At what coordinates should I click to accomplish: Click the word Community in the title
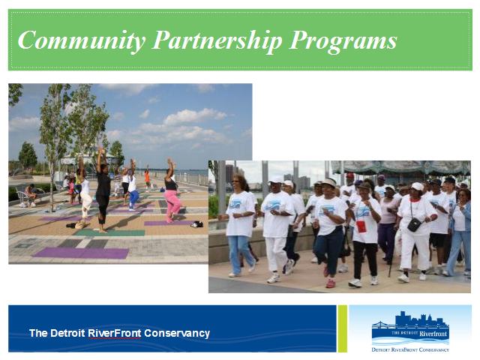(82, 40)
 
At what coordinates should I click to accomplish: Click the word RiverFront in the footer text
(115, 333)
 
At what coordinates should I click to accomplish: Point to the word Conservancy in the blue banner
(177, 333)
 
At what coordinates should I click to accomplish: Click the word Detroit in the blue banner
(67, 333)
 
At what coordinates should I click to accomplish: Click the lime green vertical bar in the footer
(343, 328)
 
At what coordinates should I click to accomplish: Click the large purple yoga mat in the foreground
(82, 253)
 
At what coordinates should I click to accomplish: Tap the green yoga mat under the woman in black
(109, 232)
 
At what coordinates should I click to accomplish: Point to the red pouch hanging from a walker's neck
(361, 226)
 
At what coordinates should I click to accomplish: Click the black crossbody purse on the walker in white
(414, 225)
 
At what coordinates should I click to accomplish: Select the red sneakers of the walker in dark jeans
(328, 278)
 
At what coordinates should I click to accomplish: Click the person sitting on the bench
(31, 195)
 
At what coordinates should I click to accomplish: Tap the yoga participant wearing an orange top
(147, 178)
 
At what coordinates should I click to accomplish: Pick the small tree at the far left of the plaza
(28, 157)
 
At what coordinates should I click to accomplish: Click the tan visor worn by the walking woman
(328, 182)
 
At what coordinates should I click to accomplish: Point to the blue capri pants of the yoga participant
(133, 197)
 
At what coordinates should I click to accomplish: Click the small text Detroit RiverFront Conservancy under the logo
(410, 349)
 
